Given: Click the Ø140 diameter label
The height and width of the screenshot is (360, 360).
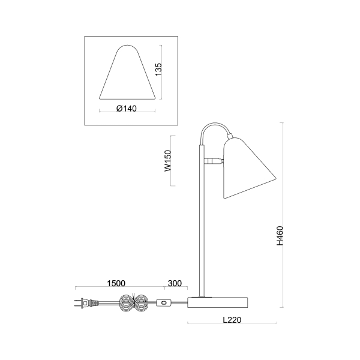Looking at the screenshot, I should click(127, 108).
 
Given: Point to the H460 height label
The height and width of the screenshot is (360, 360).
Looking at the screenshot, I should click(280, 236).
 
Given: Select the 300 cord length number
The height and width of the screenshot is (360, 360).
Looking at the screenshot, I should click(175, 283).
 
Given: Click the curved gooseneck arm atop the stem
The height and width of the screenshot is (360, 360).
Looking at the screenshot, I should click(213, 129).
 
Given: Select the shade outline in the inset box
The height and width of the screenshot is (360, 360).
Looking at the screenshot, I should click(127, 75).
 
